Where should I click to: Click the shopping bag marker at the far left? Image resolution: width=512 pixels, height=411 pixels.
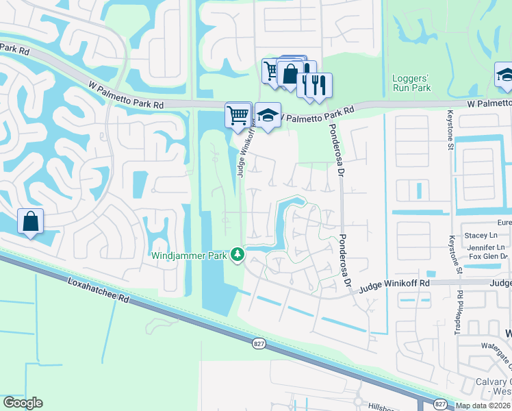(x=30, y=222)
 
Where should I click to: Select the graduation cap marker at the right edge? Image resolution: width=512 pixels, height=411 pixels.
(x=504, y=75)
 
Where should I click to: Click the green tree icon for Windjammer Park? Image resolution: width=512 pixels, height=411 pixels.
(x=238, y=255)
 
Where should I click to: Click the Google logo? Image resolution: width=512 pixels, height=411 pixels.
(x=23, y=403)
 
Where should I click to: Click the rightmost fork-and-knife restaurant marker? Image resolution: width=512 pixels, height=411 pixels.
(x=318, y=86)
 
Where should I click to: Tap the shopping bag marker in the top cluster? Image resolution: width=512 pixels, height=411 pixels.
(x=290, y=74)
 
